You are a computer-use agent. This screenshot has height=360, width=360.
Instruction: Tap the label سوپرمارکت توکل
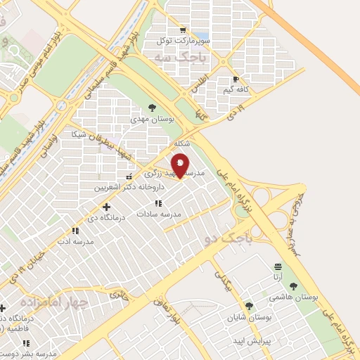point(186,41)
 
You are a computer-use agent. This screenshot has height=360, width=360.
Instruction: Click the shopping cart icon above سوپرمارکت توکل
point(184,30)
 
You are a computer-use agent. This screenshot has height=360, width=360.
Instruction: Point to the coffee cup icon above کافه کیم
point(236,79)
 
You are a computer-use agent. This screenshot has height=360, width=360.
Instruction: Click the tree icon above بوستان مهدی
point(152,108)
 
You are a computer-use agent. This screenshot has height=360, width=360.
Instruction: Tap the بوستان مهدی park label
point(152,120)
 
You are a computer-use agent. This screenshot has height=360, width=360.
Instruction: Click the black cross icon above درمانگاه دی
point(106,207)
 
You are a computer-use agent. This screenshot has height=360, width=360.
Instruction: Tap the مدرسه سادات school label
point(159,213)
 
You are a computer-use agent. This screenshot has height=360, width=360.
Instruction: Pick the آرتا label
point(278,277)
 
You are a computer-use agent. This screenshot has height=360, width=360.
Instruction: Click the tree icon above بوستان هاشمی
point(293,286)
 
